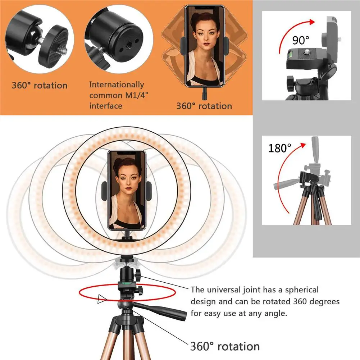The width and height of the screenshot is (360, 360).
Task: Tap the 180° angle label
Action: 279,148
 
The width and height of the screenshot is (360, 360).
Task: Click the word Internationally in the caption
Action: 117,85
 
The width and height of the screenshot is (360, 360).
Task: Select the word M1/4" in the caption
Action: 130,95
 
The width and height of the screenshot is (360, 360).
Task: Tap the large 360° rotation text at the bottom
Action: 225,346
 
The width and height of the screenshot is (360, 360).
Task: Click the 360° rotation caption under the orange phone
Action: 204,106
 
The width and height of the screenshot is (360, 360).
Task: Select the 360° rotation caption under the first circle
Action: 40,86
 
